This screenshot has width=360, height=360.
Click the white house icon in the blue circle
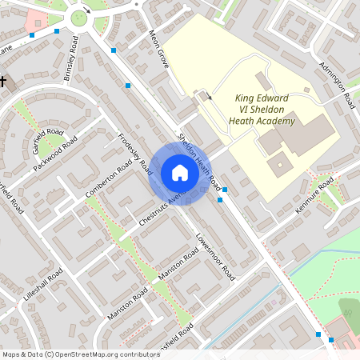pyautogui.click(x=180, y=173)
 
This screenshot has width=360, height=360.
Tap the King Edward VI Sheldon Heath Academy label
pyautogui.click(x=265, y=110)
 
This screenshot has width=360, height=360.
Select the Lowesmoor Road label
pyautogui.click(x=215, y=256)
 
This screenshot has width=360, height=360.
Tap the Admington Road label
pyautogui.click(x=337, y=83)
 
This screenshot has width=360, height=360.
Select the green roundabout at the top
pyautogui.click(x=80, y=18)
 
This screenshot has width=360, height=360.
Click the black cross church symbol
pyautogui.click(x=2, y=82)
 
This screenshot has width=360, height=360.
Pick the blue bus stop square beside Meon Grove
pyautogui.click(x=128, y=84)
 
